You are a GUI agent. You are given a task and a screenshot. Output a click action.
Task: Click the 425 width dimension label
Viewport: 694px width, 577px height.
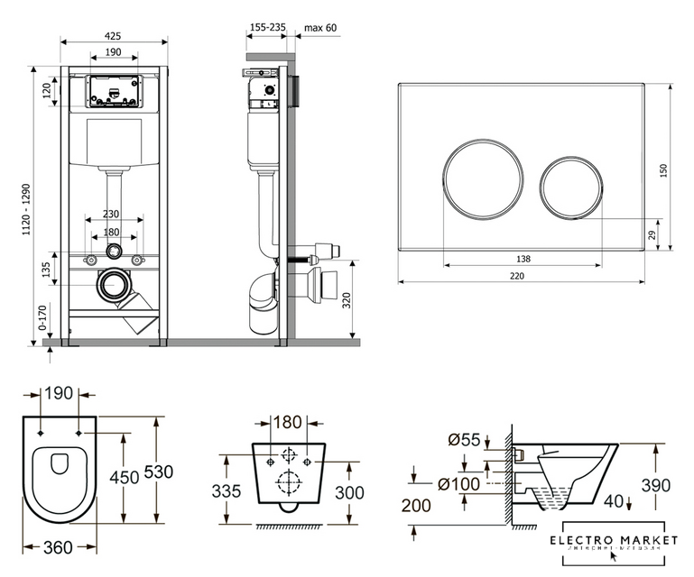114,36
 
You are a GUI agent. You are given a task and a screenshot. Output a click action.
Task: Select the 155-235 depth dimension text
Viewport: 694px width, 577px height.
266,28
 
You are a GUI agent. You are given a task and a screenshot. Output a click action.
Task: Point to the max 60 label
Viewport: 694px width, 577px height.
319,28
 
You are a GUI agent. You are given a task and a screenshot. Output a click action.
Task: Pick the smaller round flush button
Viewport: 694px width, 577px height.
572,188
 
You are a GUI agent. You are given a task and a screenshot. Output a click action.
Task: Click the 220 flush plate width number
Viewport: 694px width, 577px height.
516,277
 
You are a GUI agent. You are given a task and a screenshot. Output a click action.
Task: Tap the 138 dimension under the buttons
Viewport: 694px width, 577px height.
523,259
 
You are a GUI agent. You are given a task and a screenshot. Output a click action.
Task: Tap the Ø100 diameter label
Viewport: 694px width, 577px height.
460,484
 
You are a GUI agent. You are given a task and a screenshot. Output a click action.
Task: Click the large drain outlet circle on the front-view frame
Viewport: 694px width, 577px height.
114,285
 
